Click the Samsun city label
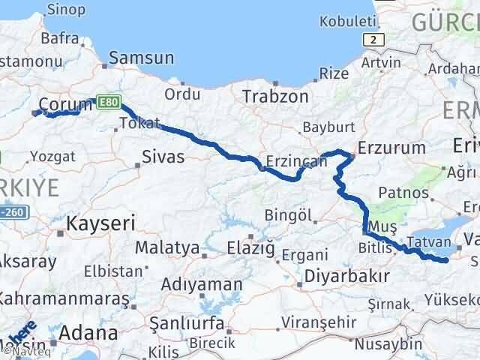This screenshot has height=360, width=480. [142, 58]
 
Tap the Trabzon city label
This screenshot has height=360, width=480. [275, 96]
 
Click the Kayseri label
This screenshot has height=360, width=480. [100, 223]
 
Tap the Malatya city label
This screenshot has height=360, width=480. [167, 247]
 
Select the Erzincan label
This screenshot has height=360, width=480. [296, 160]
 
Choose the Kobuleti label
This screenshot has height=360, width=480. [346, 22]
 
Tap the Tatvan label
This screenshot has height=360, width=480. [430, 244]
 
